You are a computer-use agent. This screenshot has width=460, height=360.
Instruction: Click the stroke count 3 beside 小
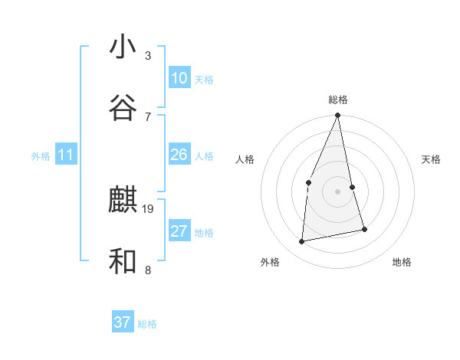coord(148,56)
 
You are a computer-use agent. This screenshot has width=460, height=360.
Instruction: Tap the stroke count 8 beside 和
coord(148,270)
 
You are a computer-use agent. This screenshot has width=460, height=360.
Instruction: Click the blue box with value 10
coord(179,77)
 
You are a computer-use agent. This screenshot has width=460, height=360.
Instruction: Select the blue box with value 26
coord(179,155)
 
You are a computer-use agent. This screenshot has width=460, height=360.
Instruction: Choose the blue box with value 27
coord(179,231)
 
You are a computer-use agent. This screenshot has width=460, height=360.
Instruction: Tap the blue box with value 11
coord(65,155)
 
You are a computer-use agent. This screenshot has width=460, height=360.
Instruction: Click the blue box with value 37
coord(122,322)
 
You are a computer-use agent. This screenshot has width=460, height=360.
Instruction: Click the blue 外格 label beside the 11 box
coord(41,156)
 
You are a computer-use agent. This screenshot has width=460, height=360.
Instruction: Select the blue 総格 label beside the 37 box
coord(147,324)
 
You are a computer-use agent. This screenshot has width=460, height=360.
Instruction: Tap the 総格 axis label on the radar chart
coord(338,100)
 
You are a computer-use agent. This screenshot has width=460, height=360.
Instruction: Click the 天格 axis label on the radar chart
coord(432,159)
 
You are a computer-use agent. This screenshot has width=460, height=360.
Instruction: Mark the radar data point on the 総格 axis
coord(338,116)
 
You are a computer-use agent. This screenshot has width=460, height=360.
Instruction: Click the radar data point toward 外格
coord(302,242)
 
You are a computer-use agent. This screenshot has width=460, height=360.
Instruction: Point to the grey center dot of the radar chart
coord(338,191)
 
